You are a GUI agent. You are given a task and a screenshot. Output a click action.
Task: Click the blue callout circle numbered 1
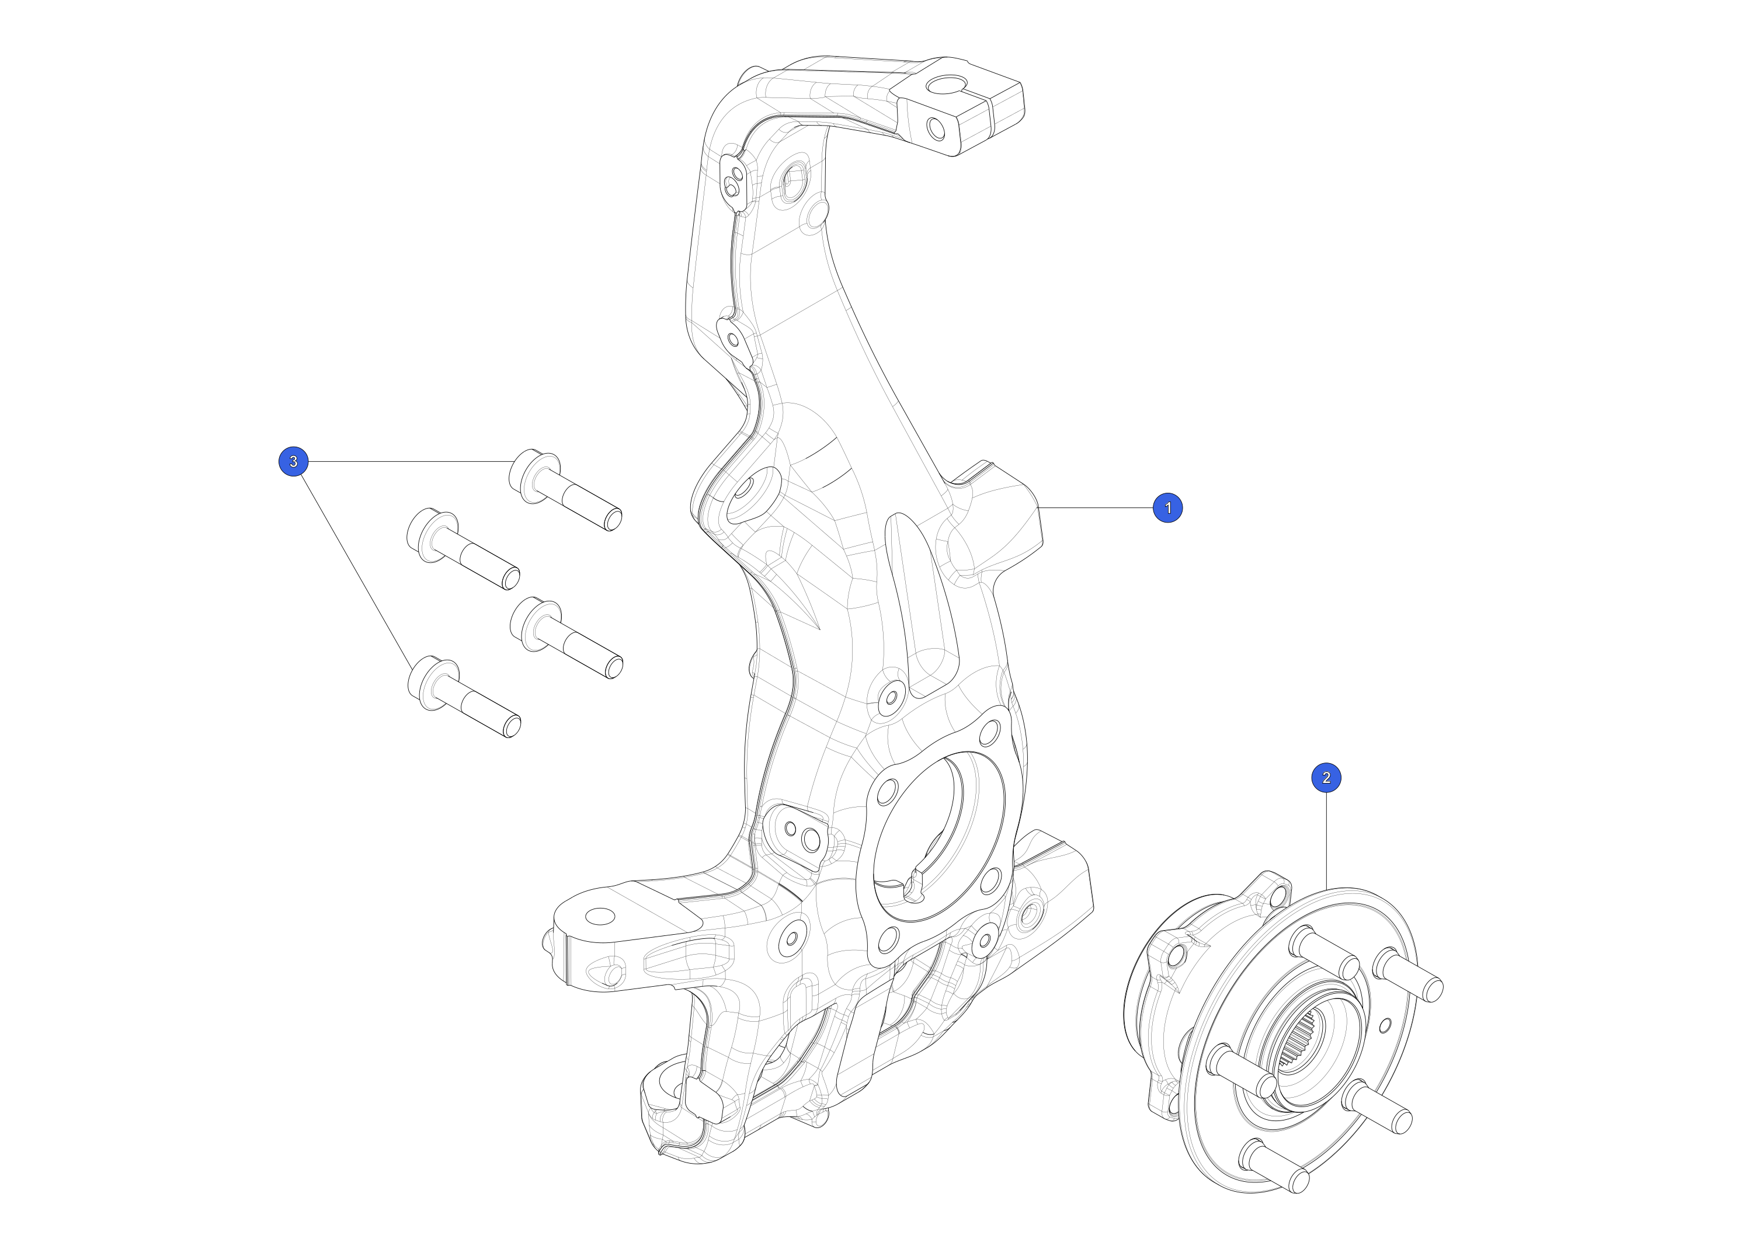click(1167, 507)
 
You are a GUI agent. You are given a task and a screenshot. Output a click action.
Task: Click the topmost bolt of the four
click(565, 490)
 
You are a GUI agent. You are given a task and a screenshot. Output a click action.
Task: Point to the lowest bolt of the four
click(464, 696)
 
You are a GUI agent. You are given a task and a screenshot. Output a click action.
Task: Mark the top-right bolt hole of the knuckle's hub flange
click(989, 732)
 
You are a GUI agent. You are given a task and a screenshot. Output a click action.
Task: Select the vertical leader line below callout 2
click(1327, 841)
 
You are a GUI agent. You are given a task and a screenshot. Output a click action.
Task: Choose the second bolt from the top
click(463, 549)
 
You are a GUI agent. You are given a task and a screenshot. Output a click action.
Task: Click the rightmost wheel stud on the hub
click(1408, 975)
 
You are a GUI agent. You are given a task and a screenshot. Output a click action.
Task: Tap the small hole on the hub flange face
click(1386, 1025)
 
